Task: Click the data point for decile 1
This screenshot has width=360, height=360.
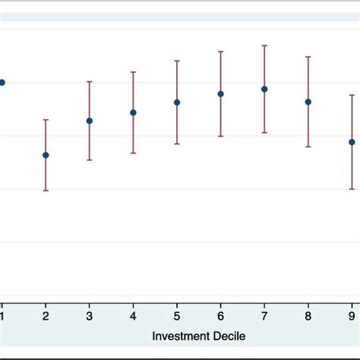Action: click(x=2, y=82)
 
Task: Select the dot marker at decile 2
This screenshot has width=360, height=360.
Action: click(x=46, y=155)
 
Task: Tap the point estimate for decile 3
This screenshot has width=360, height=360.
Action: click(x=90, y=121)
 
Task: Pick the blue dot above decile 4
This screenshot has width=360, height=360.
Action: click(x=133, y=112)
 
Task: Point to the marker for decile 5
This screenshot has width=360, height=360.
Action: click(x=177, y=102)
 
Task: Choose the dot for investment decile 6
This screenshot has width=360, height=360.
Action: click(x=221, y=94)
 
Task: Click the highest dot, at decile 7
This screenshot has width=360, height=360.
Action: click(x=264, y=89)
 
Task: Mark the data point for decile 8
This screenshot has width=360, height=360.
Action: click(x=308, y=102)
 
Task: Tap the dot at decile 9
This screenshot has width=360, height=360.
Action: click(x=352, y=142)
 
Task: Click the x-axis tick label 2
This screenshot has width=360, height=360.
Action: click(x=46, y=316)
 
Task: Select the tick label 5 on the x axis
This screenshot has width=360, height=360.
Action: click(x=177, y=316)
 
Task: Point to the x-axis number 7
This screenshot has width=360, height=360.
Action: click(x=264, y=316)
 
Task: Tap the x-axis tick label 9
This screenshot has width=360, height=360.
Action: click(x=352, y=316)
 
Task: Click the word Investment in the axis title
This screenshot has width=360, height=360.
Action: click(x=178, y=335)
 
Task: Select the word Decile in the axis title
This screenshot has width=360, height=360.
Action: click(x=229, y=335)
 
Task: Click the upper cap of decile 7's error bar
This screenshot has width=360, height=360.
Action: click(x=264, y=46)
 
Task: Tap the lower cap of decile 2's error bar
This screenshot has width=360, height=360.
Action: click(x=46, y=190)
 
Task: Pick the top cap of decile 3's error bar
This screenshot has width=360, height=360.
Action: click(x=90, y=81)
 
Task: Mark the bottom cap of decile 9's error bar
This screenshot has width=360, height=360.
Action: click(x=352, y=188)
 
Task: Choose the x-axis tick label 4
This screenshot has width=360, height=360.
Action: click(x=133, y=316)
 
